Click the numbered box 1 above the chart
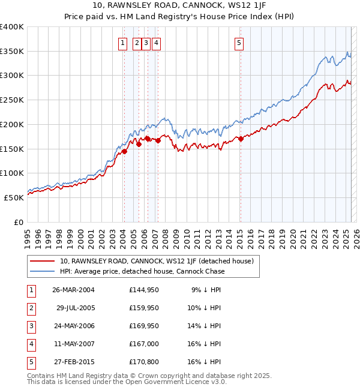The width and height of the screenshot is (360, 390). (x=122, y=43)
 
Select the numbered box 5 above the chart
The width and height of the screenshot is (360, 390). (x=239, y=43)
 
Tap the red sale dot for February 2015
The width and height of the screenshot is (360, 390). (x=241, y=139)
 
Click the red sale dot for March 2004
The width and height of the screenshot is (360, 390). (x=125, y=151)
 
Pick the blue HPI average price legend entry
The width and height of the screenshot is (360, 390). (x=142, y=271)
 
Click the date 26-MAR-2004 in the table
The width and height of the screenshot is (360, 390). (x=73, y=290)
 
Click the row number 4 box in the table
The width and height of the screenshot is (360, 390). (x=31, y=344)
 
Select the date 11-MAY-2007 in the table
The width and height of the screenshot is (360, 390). (x=73, y=344)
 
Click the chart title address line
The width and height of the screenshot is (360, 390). (x=180, y=7)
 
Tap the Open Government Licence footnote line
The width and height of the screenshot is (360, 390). (x=127, y=382)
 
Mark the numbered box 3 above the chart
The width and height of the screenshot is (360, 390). (x=146, y=43)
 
